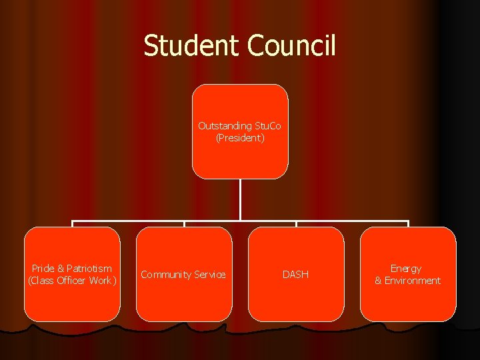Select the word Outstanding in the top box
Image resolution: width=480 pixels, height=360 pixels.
[225, 126]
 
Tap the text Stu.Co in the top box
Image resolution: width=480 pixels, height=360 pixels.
[267, 126]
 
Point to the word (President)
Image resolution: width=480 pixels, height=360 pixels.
[240, 138]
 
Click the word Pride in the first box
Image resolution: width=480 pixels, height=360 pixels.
[43, 269]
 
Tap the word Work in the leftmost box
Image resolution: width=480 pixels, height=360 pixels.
[102, 281]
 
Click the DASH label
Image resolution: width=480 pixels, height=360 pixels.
[296, 275]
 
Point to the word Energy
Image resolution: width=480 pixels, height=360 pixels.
[406, 269]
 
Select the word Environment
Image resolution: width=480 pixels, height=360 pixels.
[412, 281]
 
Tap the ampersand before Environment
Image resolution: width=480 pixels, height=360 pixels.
[378, 281]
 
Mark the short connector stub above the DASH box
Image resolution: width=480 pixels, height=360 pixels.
[296, 223]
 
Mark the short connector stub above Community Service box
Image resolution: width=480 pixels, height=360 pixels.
[184, 223]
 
